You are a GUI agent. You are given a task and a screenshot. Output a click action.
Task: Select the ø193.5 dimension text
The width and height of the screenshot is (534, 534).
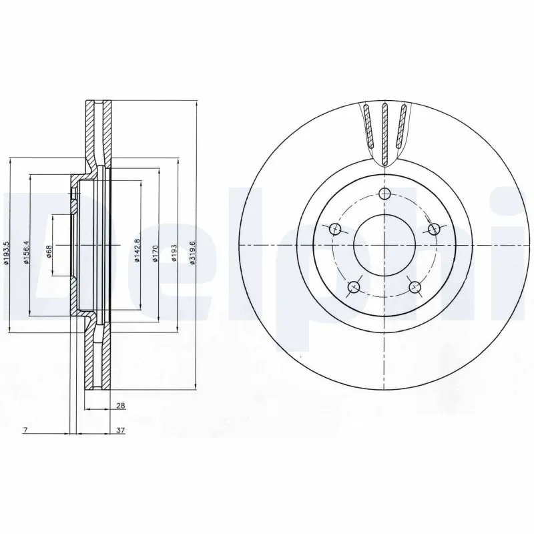[x=7, y=254]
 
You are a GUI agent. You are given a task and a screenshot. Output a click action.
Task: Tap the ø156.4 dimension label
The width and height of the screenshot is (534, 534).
[x=26, y=252]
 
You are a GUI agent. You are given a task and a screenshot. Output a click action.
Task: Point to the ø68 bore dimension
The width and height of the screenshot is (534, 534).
[x=49, y=251]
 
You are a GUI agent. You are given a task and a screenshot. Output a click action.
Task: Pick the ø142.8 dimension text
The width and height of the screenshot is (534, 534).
[x=136, y=251]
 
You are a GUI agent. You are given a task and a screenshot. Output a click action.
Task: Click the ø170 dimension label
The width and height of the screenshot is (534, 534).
[x=155, y=254]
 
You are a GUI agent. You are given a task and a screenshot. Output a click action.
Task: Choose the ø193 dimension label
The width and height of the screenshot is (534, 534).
[x=174, y=254]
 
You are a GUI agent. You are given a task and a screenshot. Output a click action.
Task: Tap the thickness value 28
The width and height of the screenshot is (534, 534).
[x=120, y=405]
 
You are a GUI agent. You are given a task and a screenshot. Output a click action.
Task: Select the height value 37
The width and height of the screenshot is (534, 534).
[x=120, y=431]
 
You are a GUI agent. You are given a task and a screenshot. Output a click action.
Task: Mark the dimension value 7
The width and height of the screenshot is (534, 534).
[x=24, y=431]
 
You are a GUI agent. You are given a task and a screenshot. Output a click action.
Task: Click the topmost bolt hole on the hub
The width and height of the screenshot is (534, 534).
[x=384, y=194]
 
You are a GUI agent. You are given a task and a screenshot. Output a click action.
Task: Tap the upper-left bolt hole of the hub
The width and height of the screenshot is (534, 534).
[x=335, y=230]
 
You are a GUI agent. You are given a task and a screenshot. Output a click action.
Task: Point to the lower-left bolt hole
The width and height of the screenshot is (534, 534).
[x=354, y=287]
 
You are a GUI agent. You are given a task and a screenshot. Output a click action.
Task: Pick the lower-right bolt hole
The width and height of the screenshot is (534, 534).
[x=415, y=287]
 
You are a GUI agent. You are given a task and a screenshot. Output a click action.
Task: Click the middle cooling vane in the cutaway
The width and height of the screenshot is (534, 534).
[x=384, y=131]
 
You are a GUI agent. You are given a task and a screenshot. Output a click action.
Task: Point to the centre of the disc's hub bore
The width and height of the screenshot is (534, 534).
[x=384, y=245]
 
